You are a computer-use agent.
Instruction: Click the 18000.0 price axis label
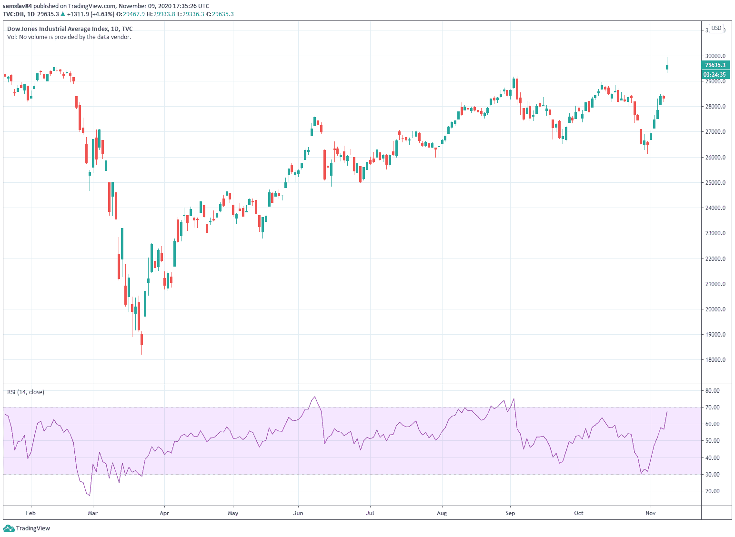[x=715, y=360]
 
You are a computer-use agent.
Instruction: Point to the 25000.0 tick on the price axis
[x=715, y=183]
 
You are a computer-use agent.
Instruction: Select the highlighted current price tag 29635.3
[x=715, y=65]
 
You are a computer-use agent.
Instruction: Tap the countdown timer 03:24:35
[x=715, y=75]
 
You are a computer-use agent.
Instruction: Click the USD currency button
[x=716, y=29]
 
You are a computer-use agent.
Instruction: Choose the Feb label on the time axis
[x=30, y=513]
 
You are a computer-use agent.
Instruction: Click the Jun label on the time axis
[x=298, y=513]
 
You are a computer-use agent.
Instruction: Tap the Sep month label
[x=510, y=513]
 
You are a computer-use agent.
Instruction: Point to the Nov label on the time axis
[x=650, y=513]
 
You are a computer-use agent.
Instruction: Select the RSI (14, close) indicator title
[x=26, y=392]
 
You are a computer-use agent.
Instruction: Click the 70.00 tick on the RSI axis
[x=713, y=408]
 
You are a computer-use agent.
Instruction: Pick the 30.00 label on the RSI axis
[x=713, y=475]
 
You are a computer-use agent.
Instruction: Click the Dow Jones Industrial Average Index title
[x=70, y=29]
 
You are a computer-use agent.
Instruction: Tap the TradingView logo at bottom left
[x=27, y=528]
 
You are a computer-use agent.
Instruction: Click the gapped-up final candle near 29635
[x=667, y=67]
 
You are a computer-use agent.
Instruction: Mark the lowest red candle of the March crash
[x=141, y=339]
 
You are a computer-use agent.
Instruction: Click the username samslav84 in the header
[x=17, y=6]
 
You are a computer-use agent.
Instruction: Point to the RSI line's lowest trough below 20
[x=89, y=495]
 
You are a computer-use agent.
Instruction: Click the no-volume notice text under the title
[x=69, y=37]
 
